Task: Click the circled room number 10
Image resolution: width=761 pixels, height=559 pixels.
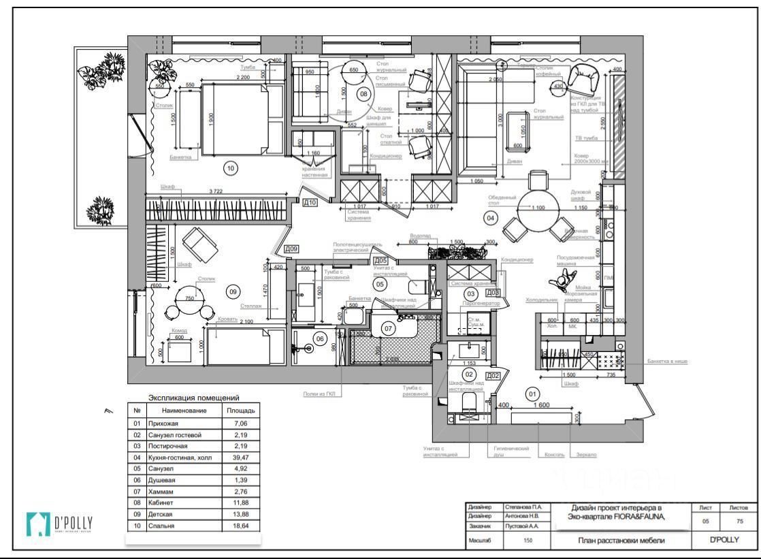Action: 230,166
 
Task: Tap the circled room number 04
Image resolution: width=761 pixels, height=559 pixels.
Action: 489,218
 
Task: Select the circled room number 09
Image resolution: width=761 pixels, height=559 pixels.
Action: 232,291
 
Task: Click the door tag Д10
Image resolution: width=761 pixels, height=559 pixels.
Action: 310,202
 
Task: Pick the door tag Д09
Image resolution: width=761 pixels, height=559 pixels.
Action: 291,249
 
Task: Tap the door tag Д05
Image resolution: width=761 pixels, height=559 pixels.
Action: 380,260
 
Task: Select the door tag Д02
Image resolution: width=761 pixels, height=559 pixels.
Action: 493,376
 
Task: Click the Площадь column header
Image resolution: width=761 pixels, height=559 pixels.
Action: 241,411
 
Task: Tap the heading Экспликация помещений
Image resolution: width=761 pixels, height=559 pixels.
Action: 194,398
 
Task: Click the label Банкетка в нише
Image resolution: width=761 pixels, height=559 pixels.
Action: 667,362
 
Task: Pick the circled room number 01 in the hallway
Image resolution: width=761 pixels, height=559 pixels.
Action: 533,394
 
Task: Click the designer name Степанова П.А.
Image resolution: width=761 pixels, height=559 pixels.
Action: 523,507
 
